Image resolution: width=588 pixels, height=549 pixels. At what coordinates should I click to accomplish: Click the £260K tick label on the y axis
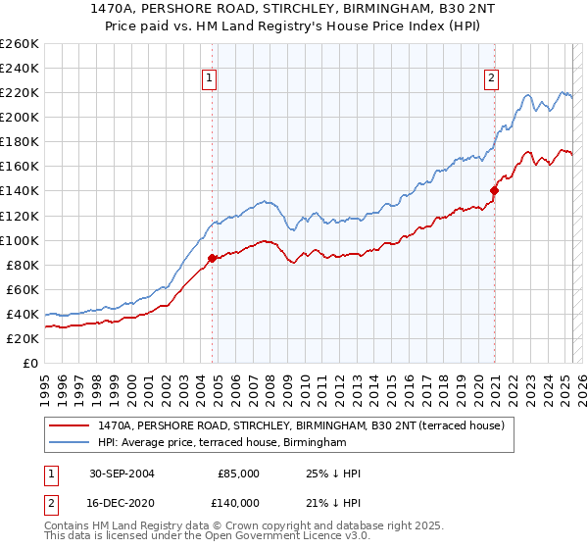[x=20, y=44]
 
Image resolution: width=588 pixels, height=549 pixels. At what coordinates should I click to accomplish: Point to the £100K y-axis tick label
[x=20, y=240]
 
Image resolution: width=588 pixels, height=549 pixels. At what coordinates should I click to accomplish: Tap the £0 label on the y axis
[x=30, y=363]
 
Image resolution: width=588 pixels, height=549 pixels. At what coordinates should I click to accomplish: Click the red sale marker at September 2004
[x=213, y=259]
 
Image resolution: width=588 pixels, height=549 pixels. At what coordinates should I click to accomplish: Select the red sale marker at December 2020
[x=494, y=191]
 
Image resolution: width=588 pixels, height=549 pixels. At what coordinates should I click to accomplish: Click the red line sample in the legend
[x=69, y=425]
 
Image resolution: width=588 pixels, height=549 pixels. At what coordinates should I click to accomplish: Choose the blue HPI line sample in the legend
[x=69, y=443]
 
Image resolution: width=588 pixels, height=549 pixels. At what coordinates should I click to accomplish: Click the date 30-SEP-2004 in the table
[x=121, y=474]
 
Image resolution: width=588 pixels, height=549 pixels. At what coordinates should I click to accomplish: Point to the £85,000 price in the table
[x=238, y=474]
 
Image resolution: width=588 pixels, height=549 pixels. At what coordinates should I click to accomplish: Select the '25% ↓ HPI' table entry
[x=333, y=474]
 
